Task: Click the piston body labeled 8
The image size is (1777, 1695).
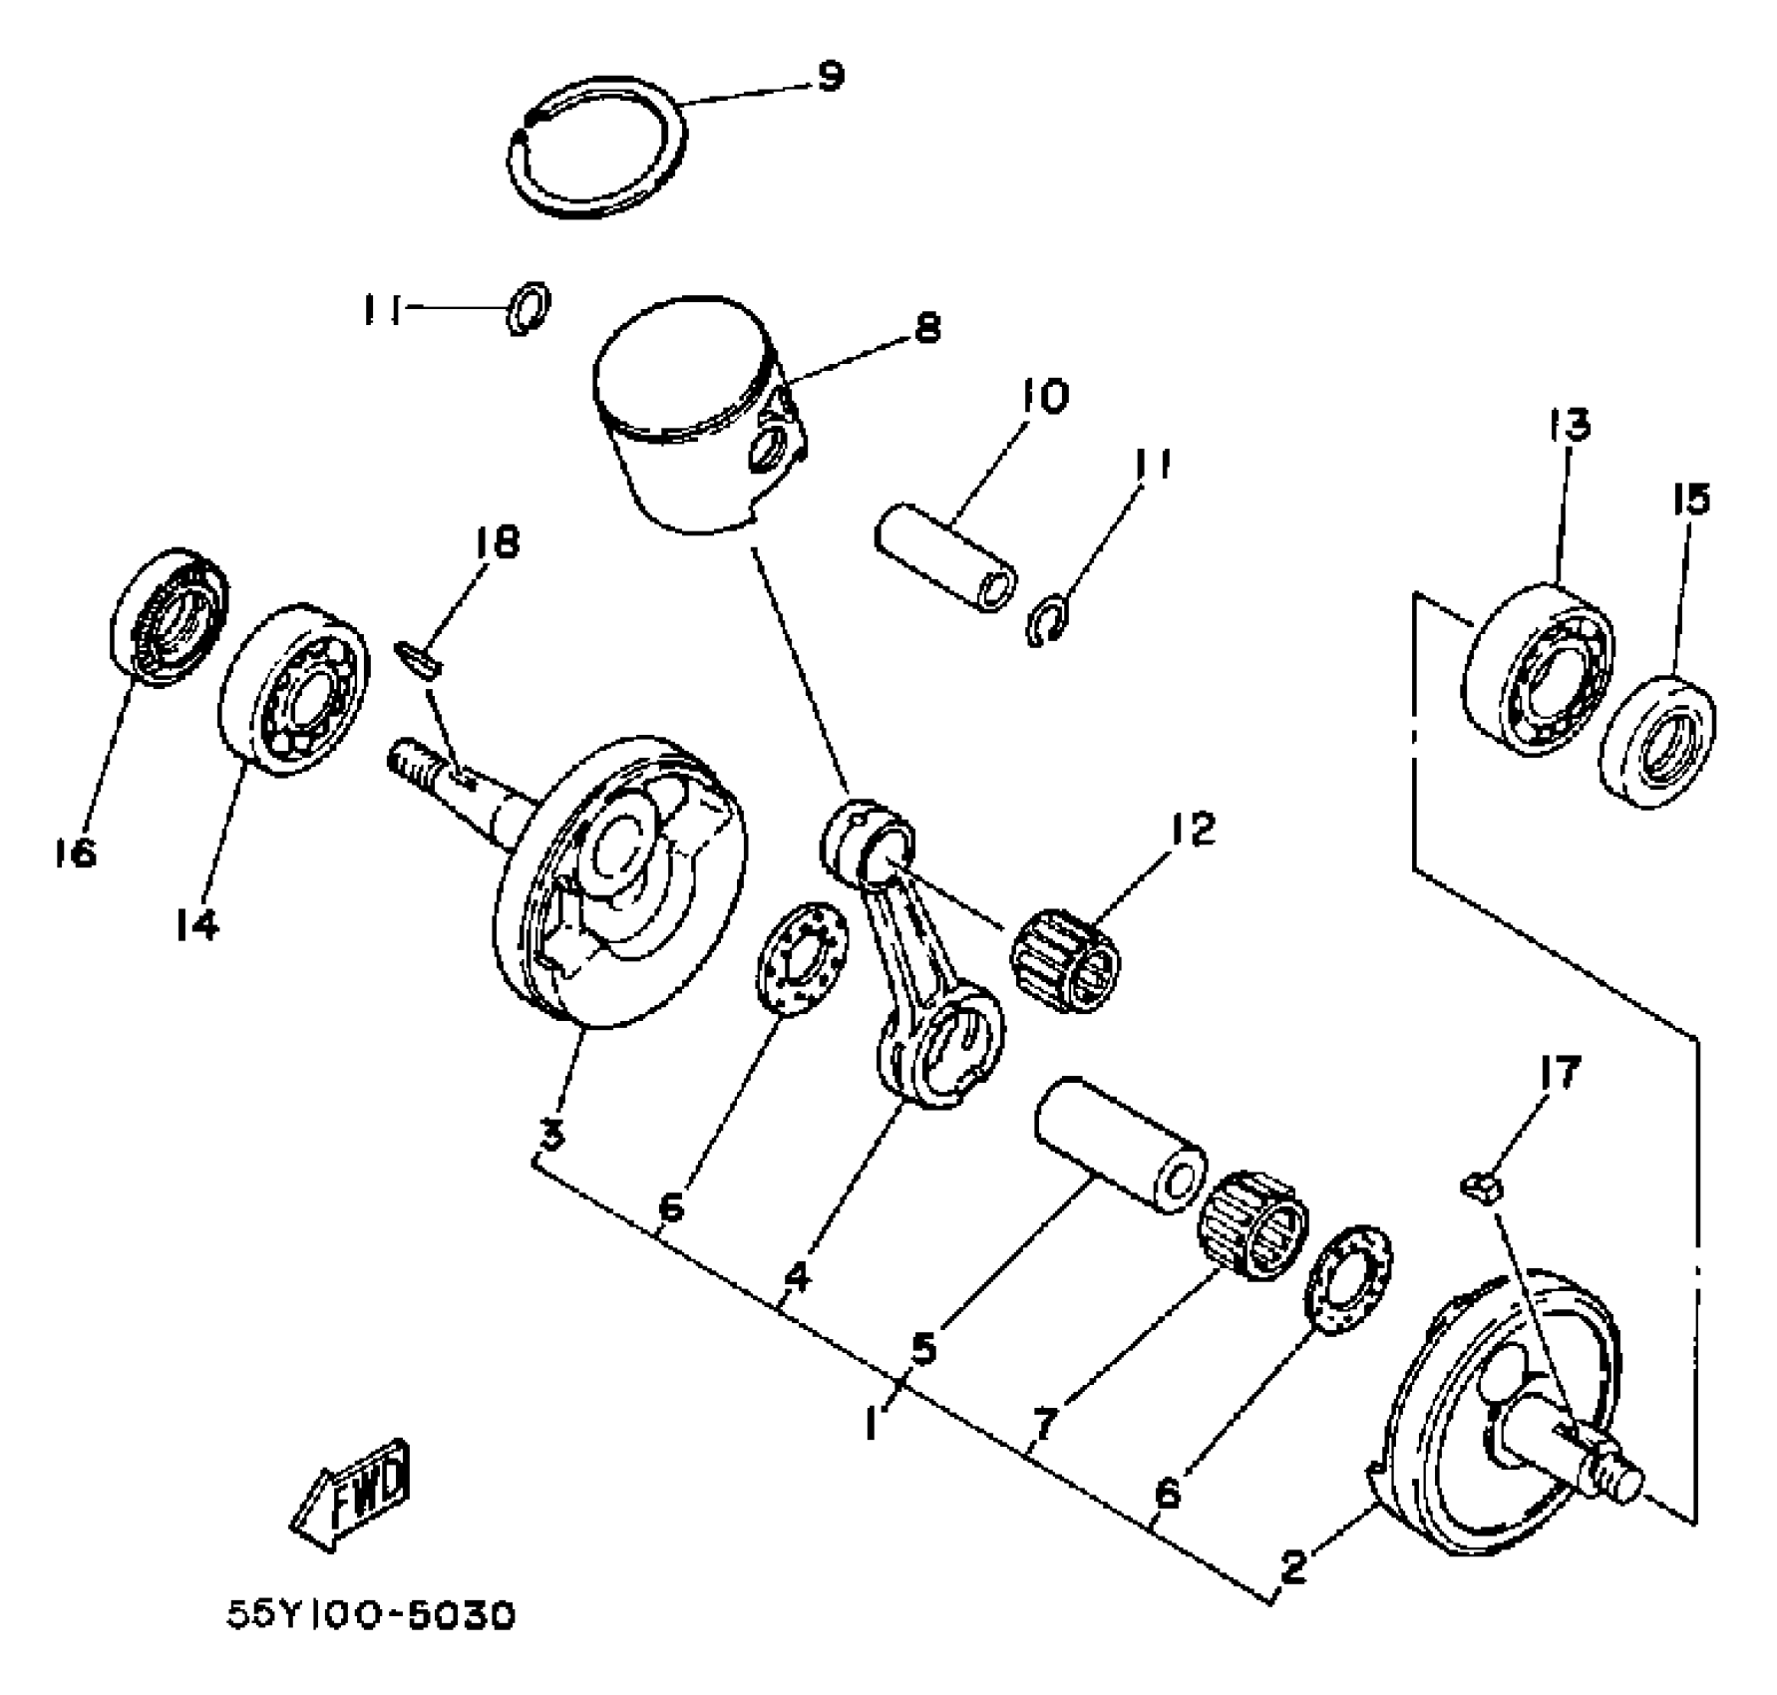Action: click(x=698, y=419)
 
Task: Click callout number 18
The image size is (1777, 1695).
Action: click(x=497, y=542)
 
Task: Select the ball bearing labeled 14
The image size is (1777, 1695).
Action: click(x=292, y=688)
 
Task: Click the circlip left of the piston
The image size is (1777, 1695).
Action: click(x=528, y=309)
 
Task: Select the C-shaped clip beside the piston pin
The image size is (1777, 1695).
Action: click(x=1047, y=623)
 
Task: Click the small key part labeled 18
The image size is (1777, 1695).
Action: click(x=420, y=658)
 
